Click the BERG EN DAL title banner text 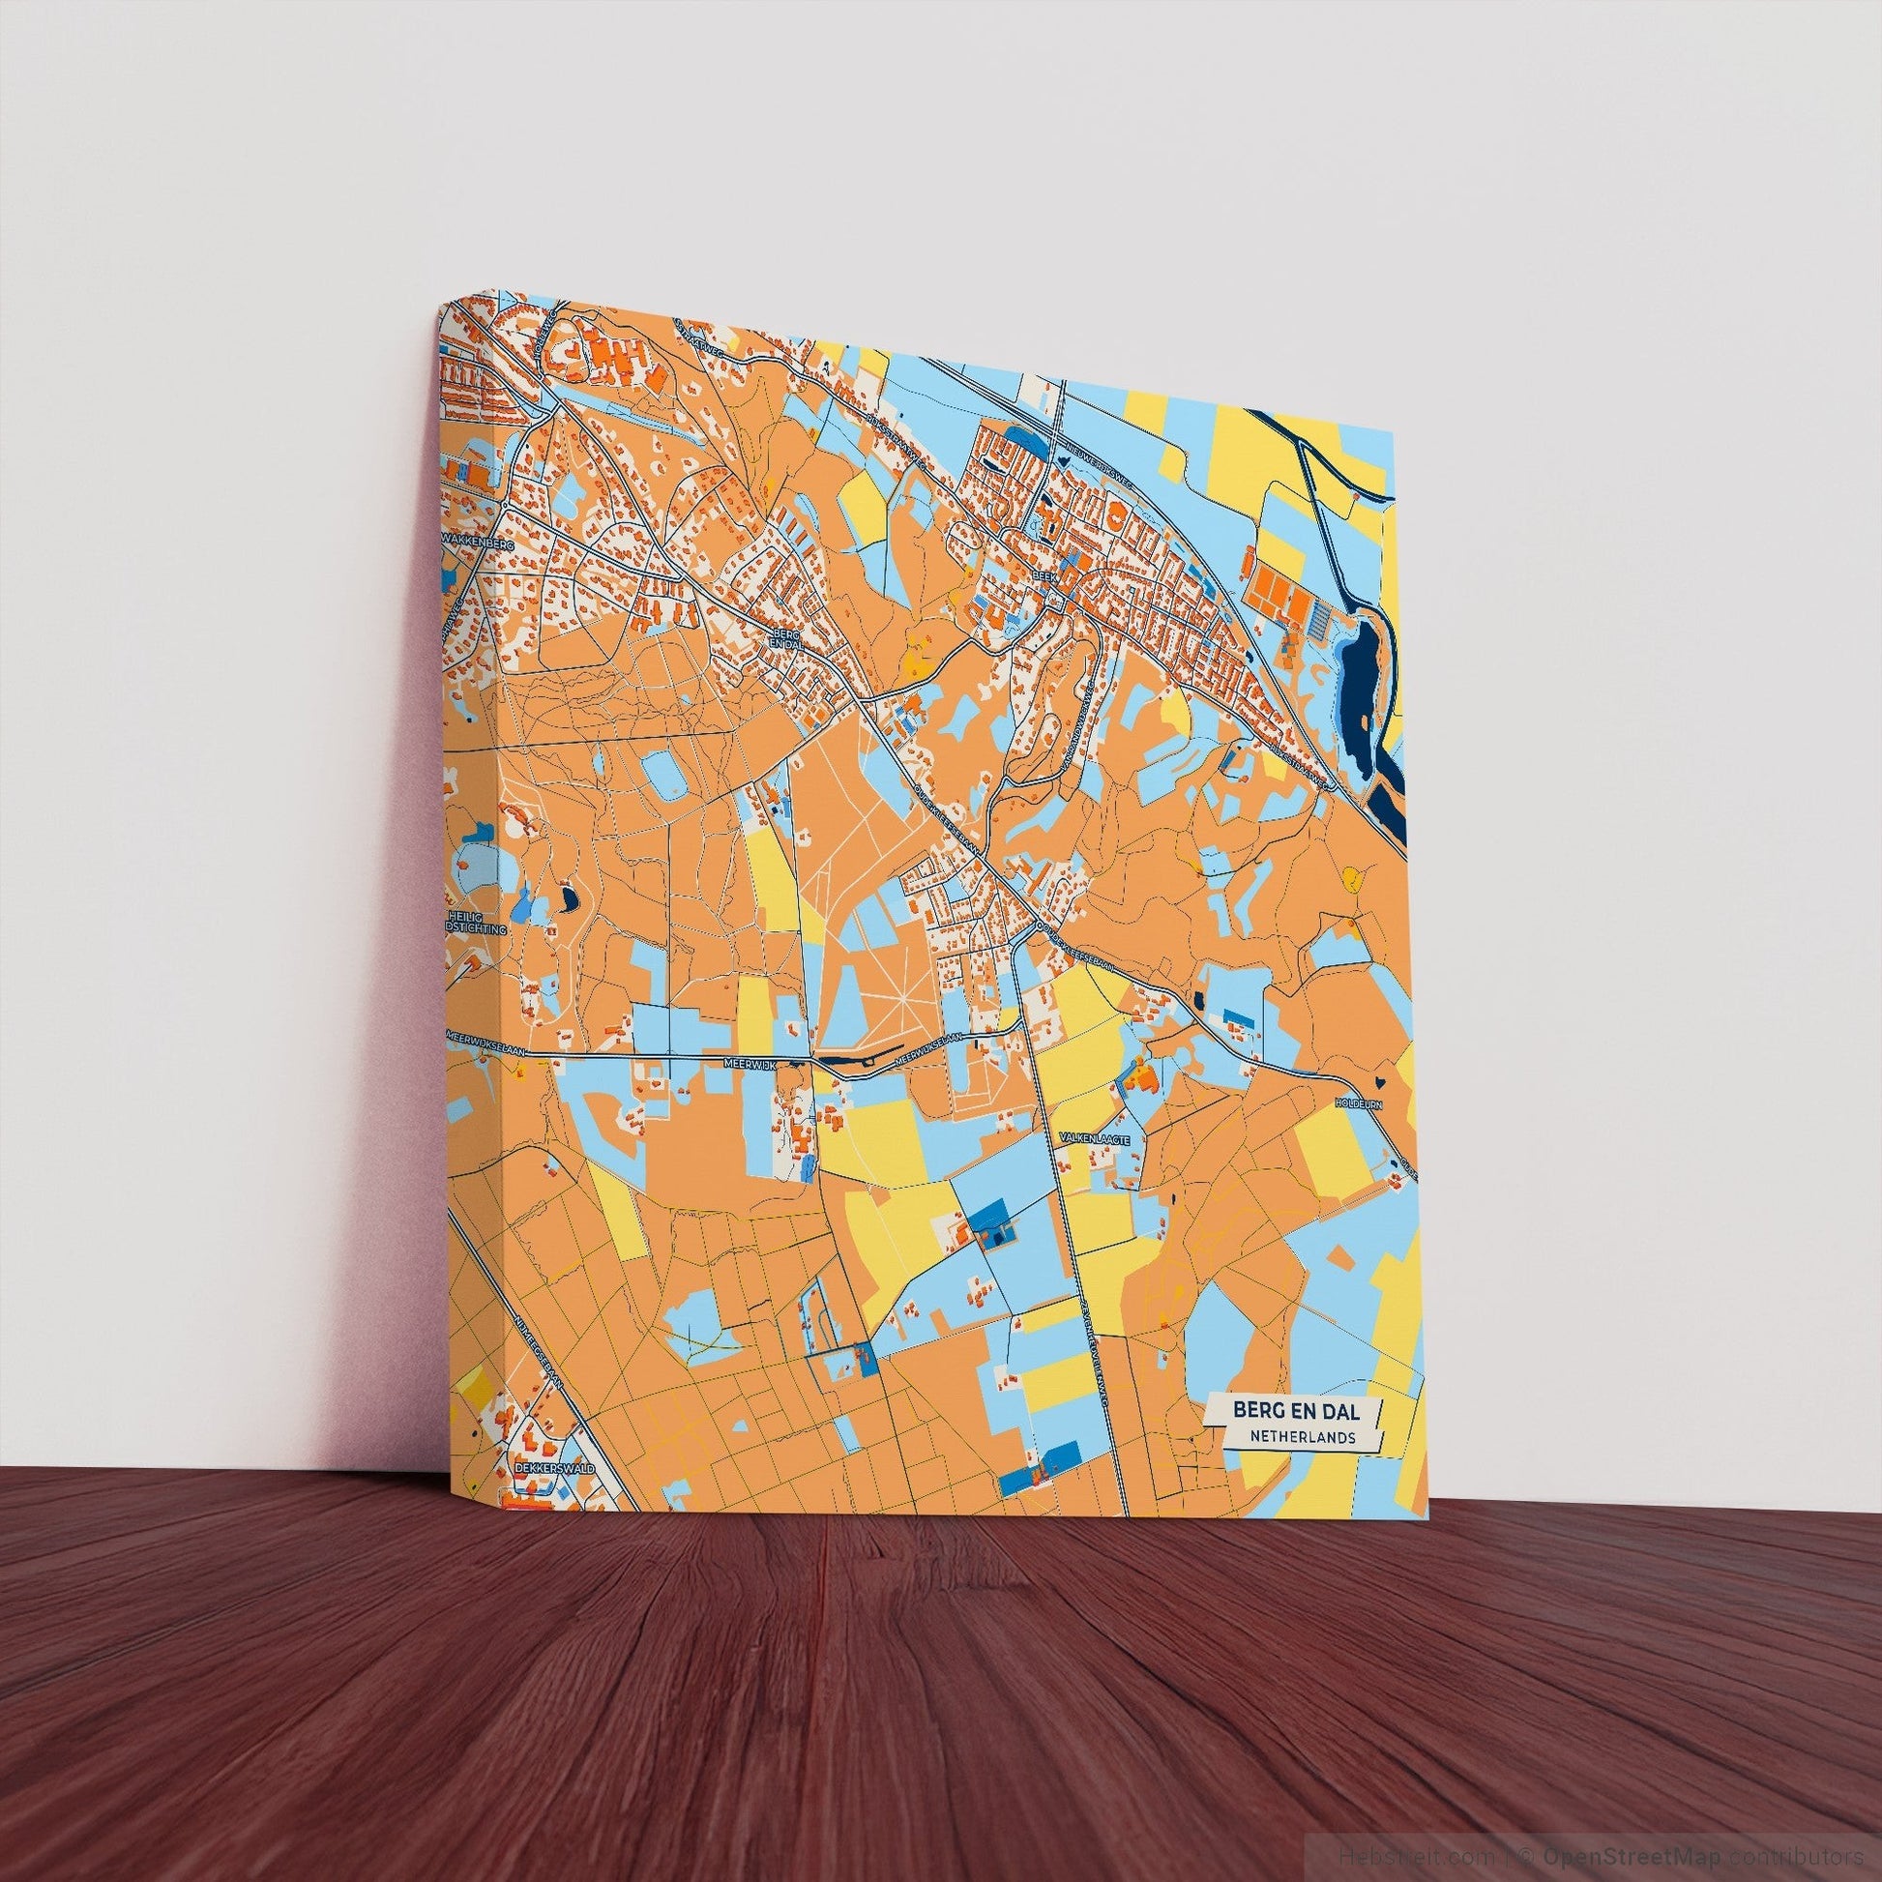[x=1295, y=1409]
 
